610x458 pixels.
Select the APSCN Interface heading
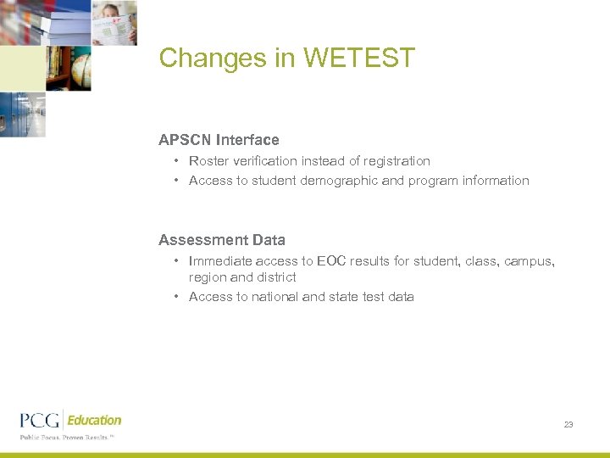tap(219, 140)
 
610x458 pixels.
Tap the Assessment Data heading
tap(222, 240)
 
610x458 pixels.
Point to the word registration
tap(392, 161)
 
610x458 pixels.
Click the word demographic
tap(339, 181)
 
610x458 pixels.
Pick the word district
tap(276, 277)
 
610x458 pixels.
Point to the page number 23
tap(568, 424)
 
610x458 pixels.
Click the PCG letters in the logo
tap(40, 421)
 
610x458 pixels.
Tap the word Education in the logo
tap(94, 420)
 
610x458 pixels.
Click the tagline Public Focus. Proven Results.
tap(66, 438)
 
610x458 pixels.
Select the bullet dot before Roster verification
tap(175, 161)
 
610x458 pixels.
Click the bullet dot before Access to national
tap(175, 297)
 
